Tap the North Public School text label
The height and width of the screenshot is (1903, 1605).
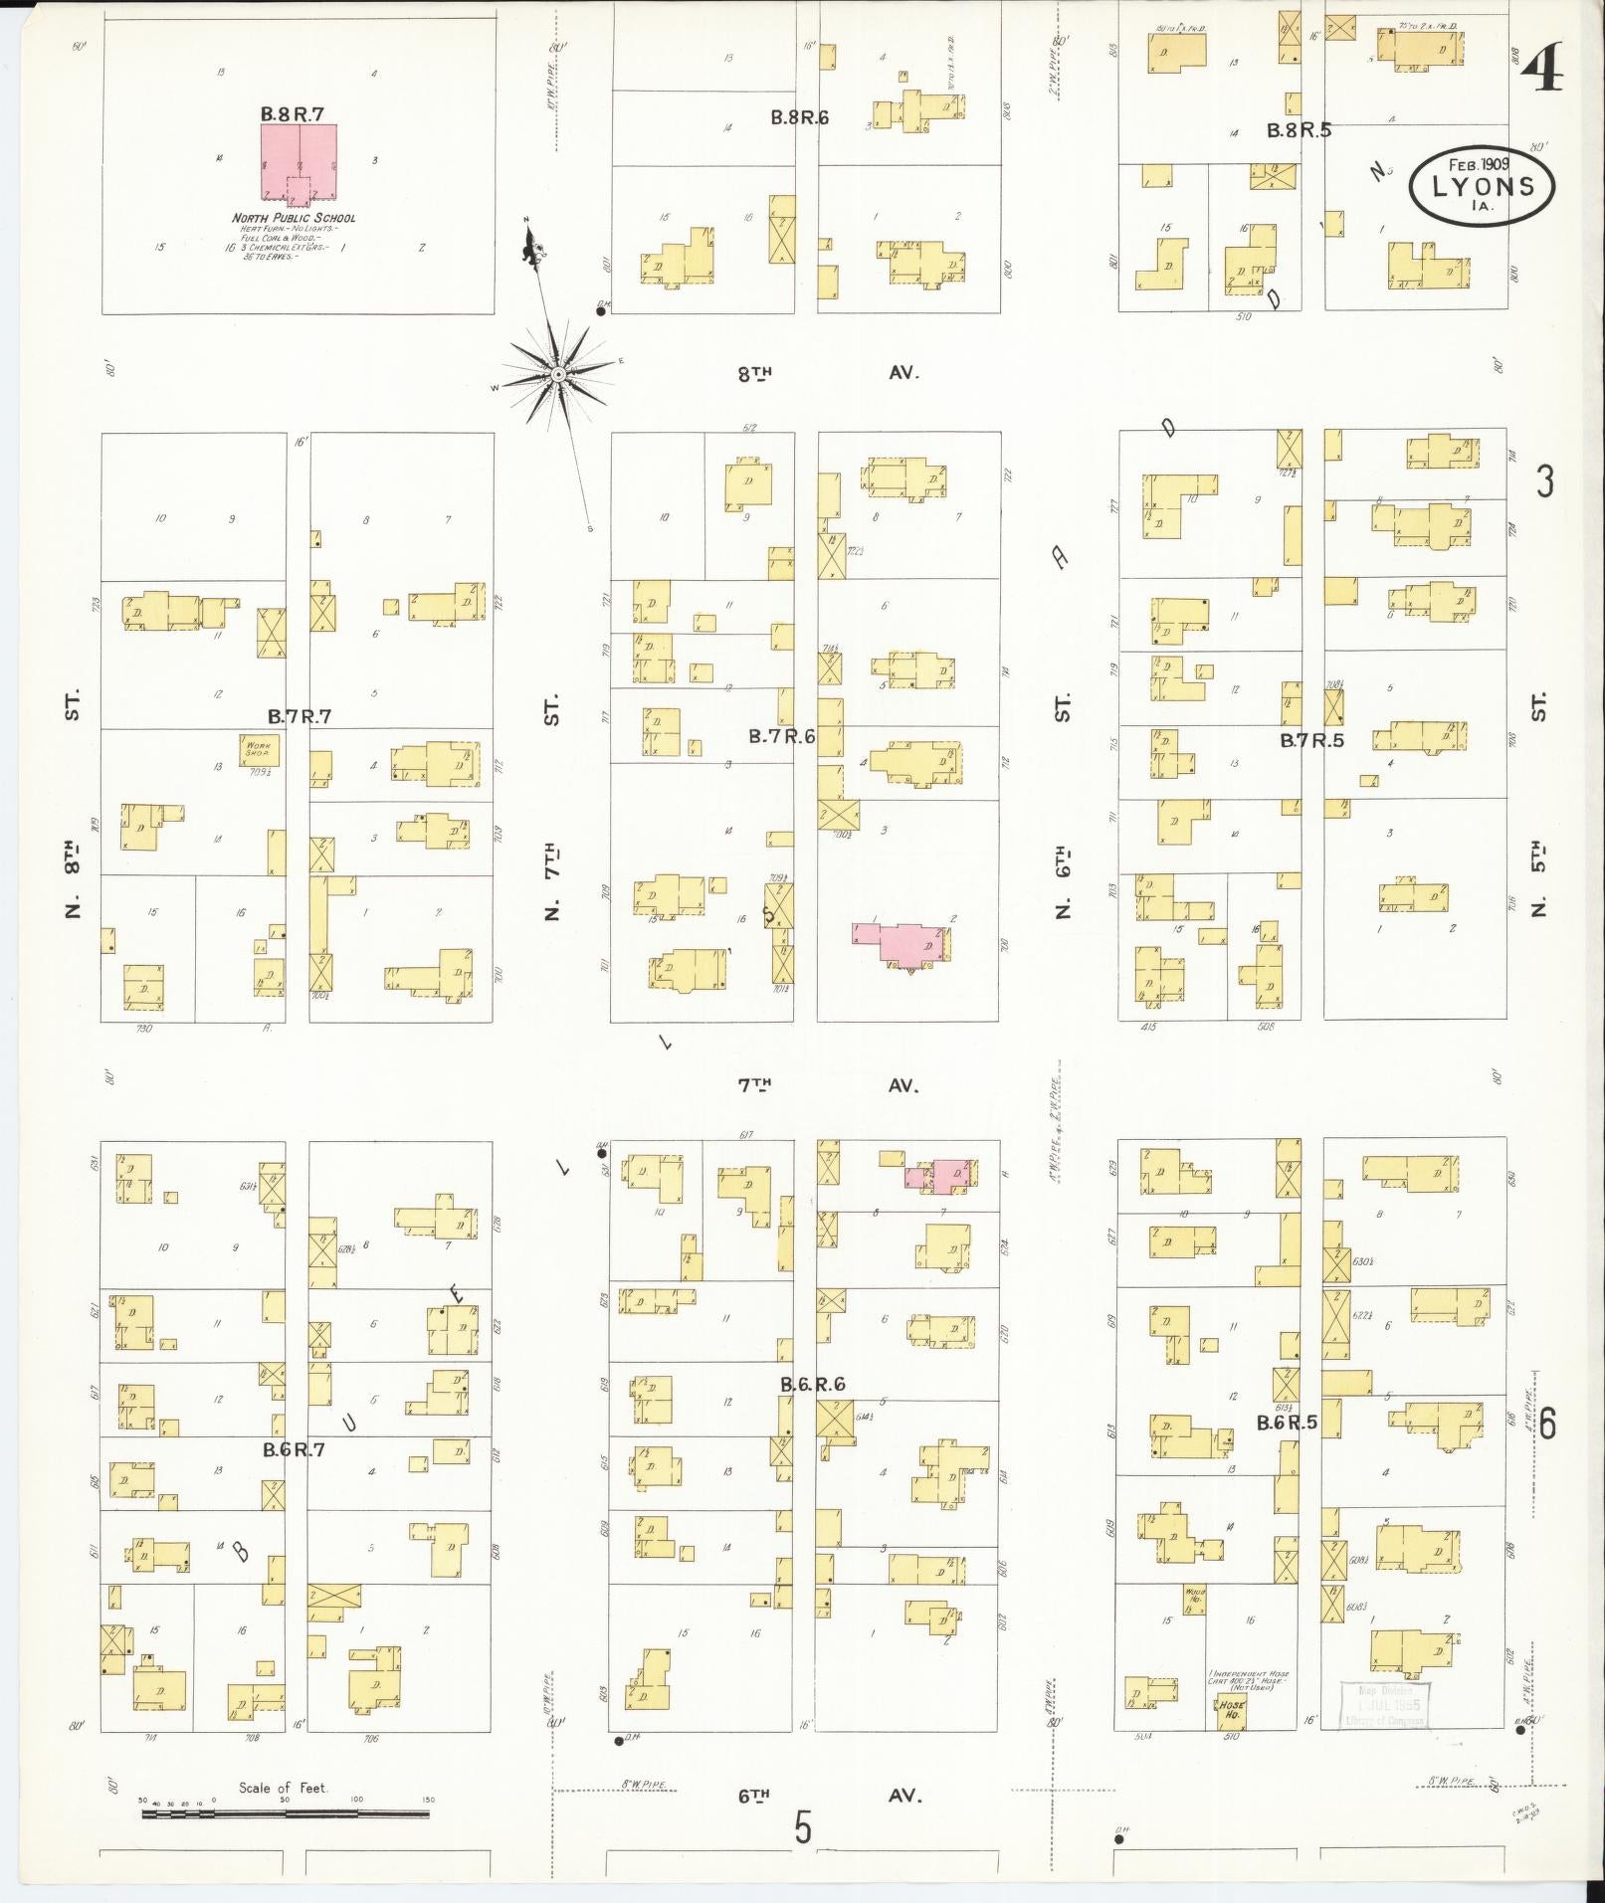click(x=294, y=218)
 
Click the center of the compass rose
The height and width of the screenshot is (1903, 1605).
click(x=558, y=374)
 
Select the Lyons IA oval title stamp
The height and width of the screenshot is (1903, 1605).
click(x=1482, y=185)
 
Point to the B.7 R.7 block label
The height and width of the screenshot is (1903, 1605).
click(x=299, y=716)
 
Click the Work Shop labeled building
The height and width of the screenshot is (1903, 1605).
click(x=258, y=749)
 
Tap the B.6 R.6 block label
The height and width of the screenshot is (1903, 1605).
click(x=812, y=1384)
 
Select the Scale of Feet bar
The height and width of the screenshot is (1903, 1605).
click(x=286, y=1813)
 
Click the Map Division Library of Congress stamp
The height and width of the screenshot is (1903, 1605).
click(x=1385, y=1705)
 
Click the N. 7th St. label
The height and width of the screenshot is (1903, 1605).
click(x=552, y=806)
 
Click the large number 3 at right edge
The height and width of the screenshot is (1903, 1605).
click(x=1544, y=481)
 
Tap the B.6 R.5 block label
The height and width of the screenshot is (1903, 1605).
click(x=1286, y=1423)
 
